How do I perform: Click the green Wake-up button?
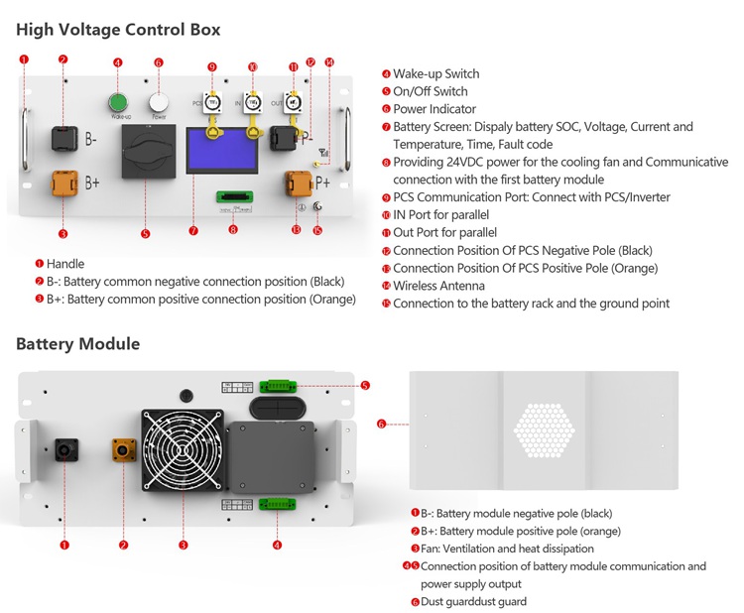119,102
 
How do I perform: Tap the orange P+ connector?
297,184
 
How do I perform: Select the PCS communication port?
211,102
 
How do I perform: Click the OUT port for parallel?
294,101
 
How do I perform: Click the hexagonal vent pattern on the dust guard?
544,434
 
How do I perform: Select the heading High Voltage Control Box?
118,30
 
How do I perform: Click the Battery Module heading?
77,344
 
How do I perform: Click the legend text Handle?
65,264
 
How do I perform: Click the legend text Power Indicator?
434,109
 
